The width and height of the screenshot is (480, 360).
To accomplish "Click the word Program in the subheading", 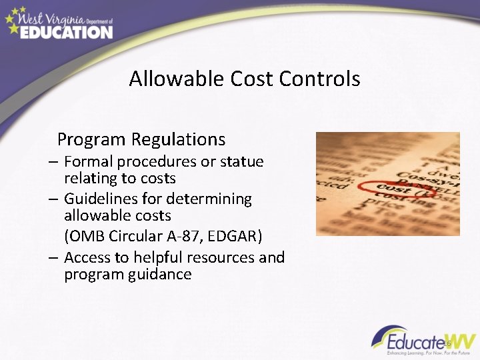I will (91, 140).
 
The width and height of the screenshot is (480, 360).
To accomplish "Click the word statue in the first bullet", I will (242, 162).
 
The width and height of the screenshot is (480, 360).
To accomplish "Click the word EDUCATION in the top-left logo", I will (66, 31).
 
